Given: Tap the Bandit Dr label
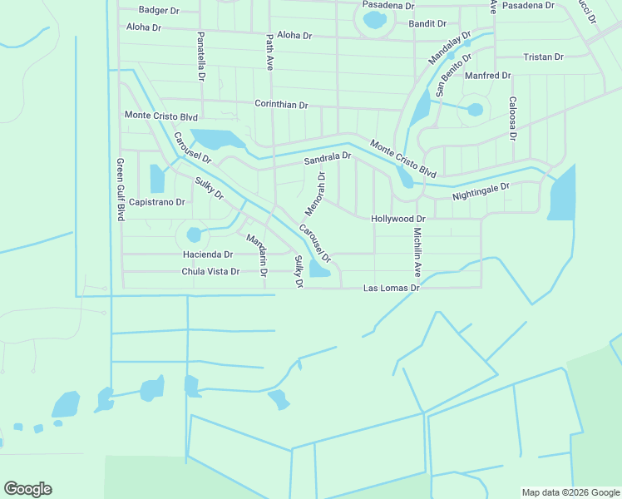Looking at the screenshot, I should click(427, 23).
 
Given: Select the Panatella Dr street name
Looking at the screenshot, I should click(201, 57).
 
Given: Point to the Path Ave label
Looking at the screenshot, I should click(269, 52).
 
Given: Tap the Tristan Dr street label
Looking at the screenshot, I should click(544, 57).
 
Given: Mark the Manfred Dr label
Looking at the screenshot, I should click(488, 76).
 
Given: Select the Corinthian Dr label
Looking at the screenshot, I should click(281, 106).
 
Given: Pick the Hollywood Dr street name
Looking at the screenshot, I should click(398, 219).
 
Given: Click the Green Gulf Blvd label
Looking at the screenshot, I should click(120, 190).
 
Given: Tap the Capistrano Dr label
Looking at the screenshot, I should click(157, 202).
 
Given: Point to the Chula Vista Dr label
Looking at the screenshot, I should click(210, 272).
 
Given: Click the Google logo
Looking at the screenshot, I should click(27, 489).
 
